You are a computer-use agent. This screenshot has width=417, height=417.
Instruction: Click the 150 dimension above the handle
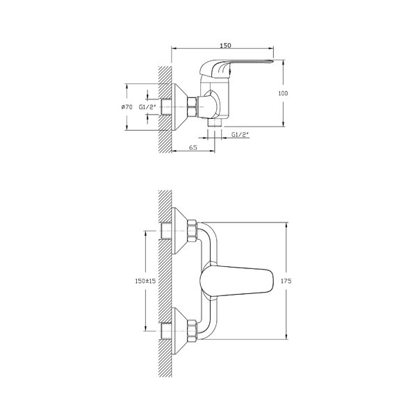(225, 45)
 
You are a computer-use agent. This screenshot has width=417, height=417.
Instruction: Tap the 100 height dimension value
(283, 93)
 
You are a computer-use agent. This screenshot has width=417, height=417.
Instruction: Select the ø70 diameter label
(126, 107)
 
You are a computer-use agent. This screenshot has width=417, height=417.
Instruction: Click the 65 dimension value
(193, 147)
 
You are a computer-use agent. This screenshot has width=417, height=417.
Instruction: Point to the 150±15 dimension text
(145, 281)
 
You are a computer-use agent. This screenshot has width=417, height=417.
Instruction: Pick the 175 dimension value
(286, 281)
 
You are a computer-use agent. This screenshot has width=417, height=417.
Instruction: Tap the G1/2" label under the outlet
(240, 135)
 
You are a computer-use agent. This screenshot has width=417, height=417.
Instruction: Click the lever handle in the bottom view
(236, 281)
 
